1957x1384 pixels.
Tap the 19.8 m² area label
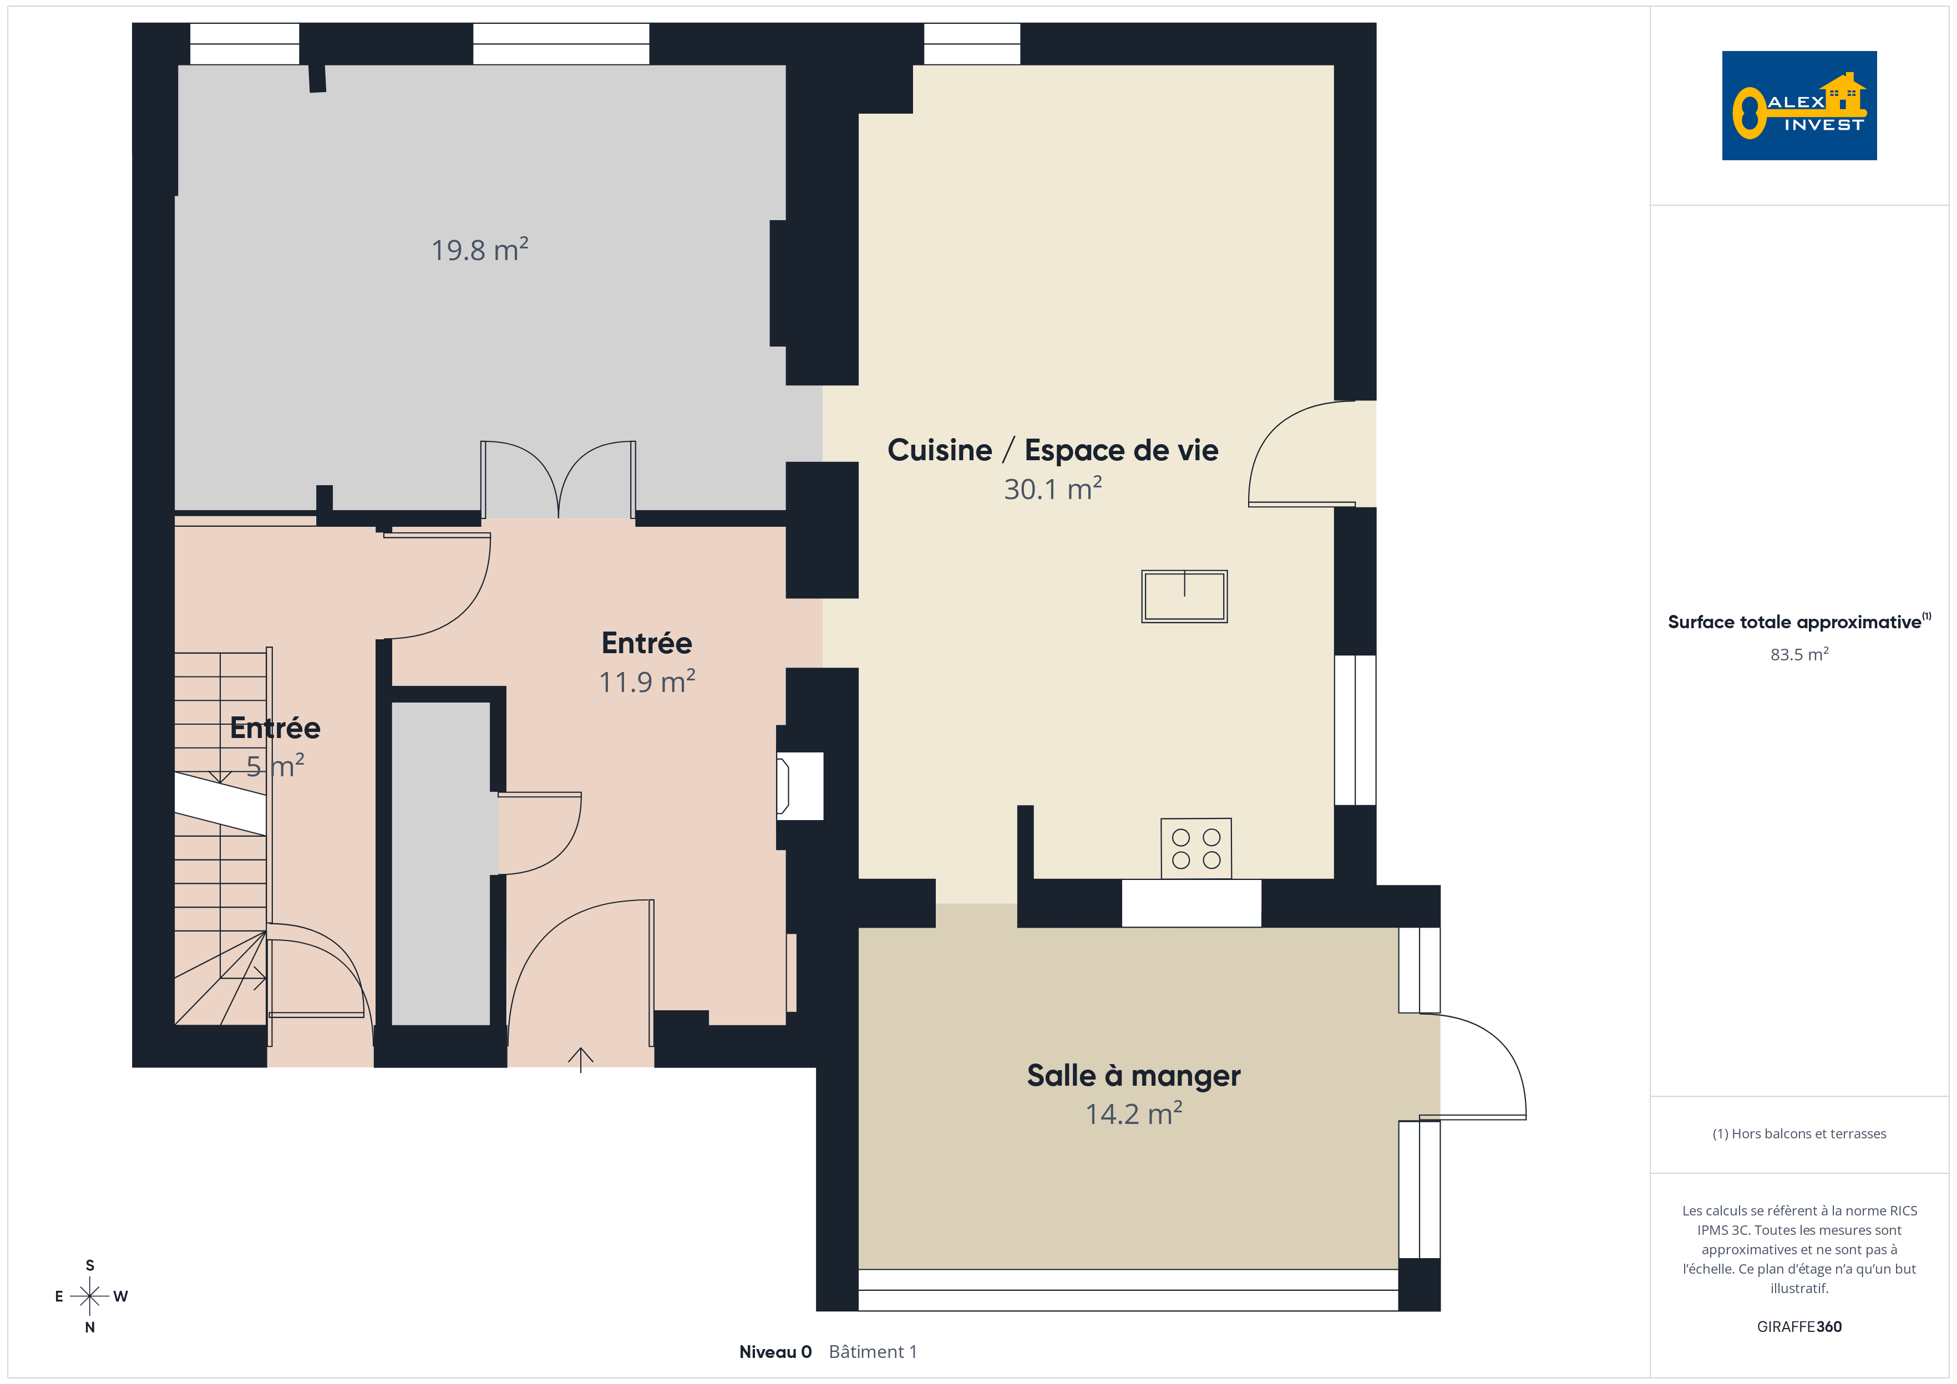point(479,250)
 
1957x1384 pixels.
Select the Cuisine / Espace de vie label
point(1053,450)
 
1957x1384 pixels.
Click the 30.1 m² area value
point(1053,489)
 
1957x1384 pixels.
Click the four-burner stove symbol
point(1196,848)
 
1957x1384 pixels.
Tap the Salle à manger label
point(1134,1076)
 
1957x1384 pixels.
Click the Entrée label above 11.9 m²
point(647,643)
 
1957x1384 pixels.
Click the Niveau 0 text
point(775,1352)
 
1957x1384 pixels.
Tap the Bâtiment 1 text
point(873,1352)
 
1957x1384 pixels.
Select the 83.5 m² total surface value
point(1799,654)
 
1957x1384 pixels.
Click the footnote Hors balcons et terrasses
point(1799,1133)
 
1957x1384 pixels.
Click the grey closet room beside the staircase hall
point(440,863)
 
